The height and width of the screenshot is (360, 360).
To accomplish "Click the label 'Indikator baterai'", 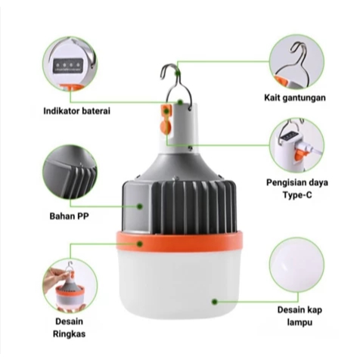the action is pyautogui.click(x=77, y=111).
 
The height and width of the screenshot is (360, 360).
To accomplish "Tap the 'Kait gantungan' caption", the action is pyautogui.click(x=295, y=98).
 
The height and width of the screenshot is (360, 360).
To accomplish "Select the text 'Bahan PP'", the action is pyautogui.click(x=70, y=216).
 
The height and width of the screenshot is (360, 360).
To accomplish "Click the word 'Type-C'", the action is pyautogui.click(x=297, y=195).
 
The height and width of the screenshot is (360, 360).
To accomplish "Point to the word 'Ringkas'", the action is pyautogui.click(x=69, y=334).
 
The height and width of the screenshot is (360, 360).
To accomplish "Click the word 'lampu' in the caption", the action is pyautogui.click(x=299, y=322).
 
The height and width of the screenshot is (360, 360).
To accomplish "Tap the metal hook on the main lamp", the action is pyautogui.click(x=176, y=85).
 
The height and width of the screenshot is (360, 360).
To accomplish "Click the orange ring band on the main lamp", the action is pyautogui.click(x=179, y=242).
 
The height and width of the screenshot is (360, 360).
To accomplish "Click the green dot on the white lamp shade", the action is pyautogui.click(x=215, y=302).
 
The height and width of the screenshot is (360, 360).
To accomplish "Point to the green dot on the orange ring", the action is pyautogui.click(x=140, y=244).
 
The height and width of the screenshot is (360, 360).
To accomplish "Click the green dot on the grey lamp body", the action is pyautogui.click(x=140, y=206).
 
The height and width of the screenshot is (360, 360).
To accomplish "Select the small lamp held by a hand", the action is pyautogui.click(x=70, y=293).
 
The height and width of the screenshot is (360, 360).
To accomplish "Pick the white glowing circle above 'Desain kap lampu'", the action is pyautogui.click(x=296, y=265).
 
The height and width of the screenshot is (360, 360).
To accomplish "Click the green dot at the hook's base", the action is pyautogui.click(x=180, y=102).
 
